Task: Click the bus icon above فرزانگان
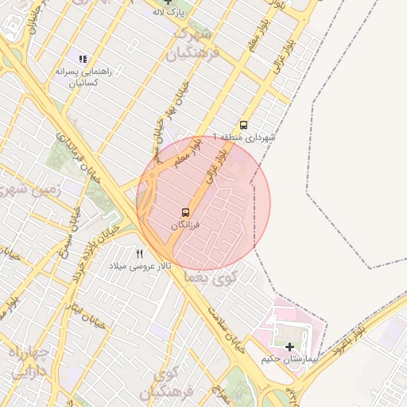pyautogui.click(x=185, y=212)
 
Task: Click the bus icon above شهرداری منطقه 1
pyautogui.click(x=243, y=125)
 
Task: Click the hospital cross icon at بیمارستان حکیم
pyautogui.click(x=289, y=347)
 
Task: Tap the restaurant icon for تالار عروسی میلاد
pyautogui.click(x=140, y=254)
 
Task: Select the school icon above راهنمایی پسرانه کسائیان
pyautogui.click(x=83, y=58)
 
